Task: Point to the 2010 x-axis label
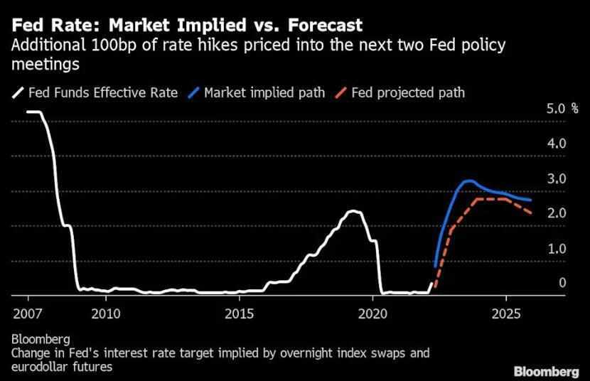pyautogui.click(x=106, y=313)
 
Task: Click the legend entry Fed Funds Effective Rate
pyautogui.click(x=97, y=93)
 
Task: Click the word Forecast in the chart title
pyautogui.click(x=321, y=26)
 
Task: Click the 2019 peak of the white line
pyautogui.click(x=352, y=211)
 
